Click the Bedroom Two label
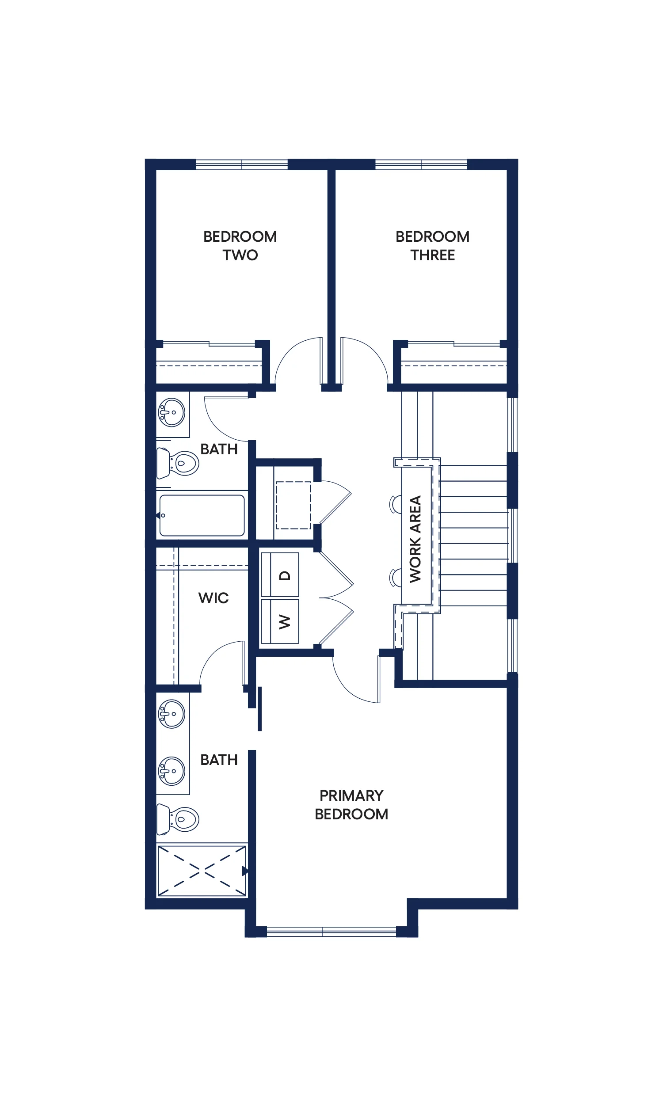(240, 246)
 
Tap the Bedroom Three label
(432, 246)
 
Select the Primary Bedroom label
(351, 805)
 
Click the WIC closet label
(213, 598)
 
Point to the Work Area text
(415, 539)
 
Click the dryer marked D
(280, 575)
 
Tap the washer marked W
(280, 621)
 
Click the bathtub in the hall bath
(202, 515)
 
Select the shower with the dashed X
(202, 871)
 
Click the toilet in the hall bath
(178, 463)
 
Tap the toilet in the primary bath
(178, 819)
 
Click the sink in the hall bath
(172, 412)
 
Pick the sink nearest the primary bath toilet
(172, 771)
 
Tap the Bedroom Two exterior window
(242, 164)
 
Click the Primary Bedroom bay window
(331, 932)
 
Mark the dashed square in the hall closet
(293, 505)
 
